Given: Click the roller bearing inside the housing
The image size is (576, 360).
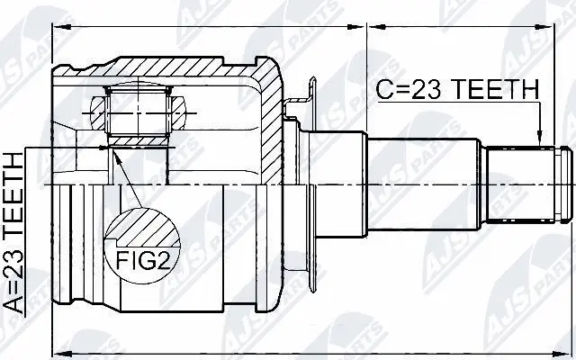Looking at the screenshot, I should [139, 113].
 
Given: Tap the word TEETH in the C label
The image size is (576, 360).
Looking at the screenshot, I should [499, 89].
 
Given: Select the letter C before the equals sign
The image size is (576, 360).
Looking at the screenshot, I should [382, 89].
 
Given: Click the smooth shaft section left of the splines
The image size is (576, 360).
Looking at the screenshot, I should [423, 184].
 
